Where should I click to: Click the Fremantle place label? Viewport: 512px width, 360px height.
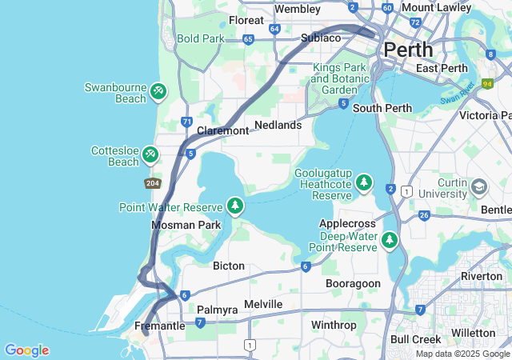point(160,326)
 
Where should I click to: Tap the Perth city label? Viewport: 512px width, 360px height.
point(408,50)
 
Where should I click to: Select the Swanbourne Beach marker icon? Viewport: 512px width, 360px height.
point(158,92)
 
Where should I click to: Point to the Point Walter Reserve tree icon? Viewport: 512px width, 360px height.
point(235,207)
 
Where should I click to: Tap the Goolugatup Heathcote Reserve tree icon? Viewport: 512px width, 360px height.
point(365,184)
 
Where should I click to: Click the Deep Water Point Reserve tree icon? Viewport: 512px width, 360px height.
point(390,240)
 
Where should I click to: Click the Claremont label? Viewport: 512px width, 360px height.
point(222,130)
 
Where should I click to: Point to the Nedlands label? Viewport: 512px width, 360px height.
point(278,125)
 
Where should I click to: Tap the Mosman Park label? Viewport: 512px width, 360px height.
point(186,226)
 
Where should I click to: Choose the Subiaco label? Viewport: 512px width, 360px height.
point(321,38)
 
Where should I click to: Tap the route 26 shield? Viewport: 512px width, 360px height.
point(424,215)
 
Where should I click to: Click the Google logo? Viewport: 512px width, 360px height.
point(26,350)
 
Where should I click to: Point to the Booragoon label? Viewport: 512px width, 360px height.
point(353,283)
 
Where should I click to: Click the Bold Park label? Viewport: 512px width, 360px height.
point(201,38)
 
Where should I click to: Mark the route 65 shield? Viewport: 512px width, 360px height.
point(248,38)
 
